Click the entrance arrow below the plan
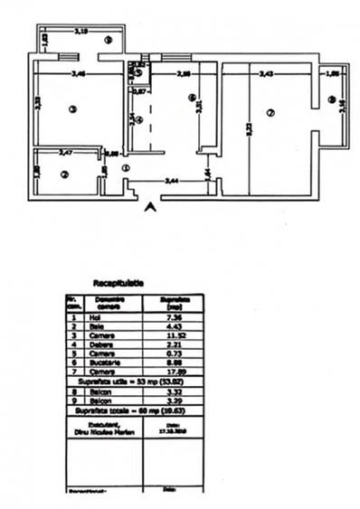tap(150, 207)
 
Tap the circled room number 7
tap(270, 113)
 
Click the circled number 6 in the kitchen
tap(192, 97)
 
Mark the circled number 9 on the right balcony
tap(332, 99)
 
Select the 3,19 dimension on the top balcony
tap(80, 31)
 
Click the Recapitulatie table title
tap(118, 283)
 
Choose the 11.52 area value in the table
tap(172, 335)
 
